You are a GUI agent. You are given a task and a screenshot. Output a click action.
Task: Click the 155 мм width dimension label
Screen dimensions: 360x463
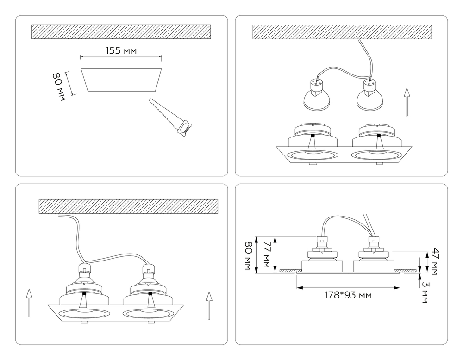click(x=120, y=51)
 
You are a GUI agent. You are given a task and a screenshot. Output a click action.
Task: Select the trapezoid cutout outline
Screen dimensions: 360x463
click(x=122, y=80)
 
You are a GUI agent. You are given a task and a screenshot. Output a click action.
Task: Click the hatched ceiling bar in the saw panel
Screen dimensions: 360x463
click(x=121, y=31)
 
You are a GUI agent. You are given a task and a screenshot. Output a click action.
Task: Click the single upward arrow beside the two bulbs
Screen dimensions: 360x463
click(x=407, y=102)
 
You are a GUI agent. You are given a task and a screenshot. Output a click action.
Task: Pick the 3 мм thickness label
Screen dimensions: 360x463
click(x=425, y=292)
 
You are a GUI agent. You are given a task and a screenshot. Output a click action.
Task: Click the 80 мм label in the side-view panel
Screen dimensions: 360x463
click(x=249, y=255)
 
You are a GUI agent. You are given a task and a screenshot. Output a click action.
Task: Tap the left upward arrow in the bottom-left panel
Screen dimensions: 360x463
click(x=29, y=303)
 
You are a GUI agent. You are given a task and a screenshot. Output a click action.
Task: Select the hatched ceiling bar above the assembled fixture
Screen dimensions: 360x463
click(x=128, y=206)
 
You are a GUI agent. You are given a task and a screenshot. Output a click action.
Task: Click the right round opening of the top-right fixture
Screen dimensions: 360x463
click(x=377, y=155)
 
